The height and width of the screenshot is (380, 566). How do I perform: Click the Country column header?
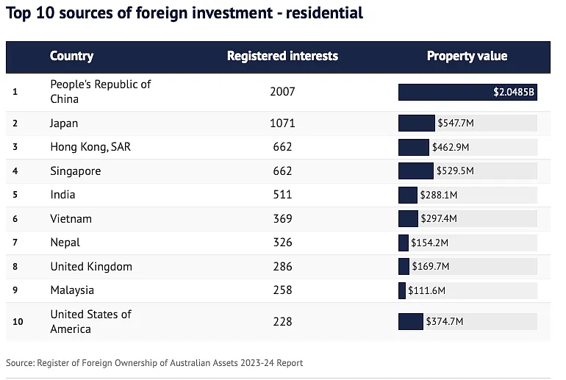tap(71, 56)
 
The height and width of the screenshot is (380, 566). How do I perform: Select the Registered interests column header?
tap(282, 56)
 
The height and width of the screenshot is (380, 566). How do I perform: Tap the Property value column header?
tap(467, 56)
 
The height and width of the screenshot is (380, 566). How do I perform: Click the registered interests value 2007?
tap(282, 92)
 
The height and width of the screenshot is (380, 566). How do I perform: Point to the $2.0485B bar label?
tap(515, 93)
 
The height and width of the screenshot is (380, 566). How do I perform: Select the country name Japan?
tap(64, 123)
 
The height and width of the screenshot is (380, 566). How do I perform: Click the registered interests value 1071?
tap(282, 123)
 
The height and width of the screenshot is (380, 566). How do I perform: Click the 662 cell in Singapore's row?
tap(282, 171)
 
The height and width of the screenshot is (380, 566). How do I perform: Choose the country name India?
tap(62, 195)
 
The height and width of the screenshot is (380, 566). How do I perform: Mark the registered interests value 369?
tap(282, 219)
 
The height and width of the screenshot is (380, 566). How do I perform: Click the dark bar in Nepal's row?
tap(404, 243)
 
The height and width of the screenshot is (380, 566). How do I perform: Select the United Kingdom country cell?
tap(91, 266)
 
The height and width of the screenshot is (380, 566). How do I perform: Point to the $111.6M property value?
tap(426, 290)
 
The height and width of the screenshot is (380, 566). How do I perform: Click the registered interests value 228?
tap(282, 321)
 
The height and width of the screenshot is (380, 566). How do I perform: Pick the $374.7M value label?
tap(444, 321)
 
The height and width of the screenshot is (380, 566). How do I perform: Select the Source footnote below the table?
tap(154, 363)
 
